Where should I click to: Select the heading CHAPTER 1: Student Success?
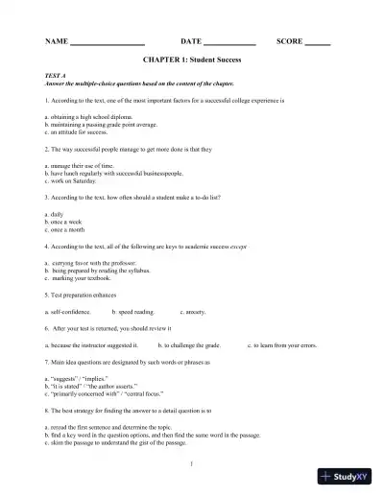tap(192, 60)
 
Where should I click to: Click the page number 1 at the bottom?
tap(192, 463)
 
